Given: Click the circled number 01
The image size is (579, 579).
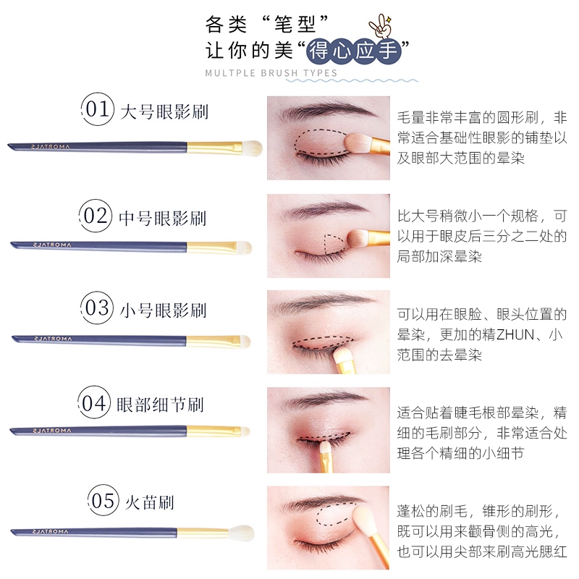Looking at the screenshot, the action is click(x=98, y=109).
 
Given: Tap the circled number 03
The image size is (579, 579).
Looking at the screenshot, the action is click(x=97, y=308).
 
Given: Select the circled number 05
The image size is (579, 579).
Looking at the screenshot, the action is click(x=103, y=501).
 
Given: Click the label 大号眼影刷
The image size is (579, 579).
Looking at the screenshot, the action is click(x=164, y=111).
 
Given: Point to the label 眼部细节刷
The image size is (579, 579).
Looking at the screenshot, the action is click(x=160, y=405).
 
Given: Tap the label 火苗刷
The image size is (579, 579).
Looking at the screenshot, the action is click(x=150, y=502).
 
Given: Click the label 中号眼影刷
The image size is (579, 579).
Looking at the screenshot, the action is click(x=162, y=218).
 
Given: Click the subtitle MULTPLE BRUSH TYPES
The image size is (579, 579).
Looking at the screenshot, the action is click(x=271, y=73).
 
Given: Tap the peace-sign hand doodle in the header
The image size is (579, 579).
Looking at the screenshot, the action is click(x=381, y=26).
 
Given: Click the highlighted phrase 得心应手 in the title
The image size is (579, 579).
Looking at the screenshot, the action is click(x=353, y=51).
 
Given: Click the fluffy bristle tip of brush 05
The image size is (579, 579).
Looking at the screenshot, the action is click(x=242, y=533).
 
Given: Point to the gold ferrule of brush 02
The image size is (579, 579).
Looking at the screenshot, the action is click(x=211, y=247).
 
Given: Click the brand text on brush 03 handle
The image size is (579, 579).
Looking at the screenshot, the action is click(x=53, y=339).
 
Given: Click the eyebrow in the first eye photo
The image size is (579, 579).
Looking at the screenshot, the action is click(x=324, y=109).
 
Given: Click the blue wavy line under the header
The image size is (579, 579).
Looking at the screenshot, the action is click(x=352, y=80).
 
